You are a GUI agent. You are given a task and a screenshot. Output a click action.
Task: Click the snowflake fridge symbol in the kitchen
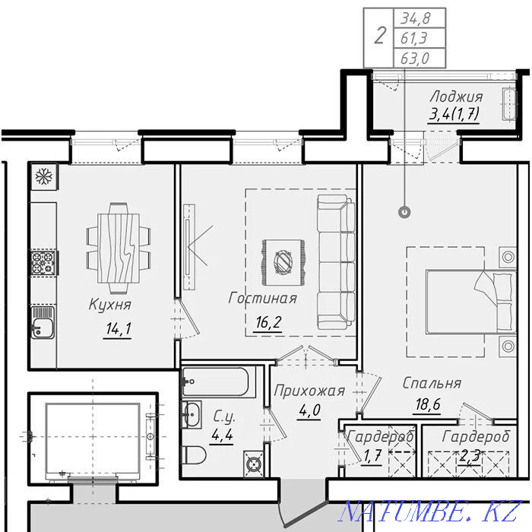[44, 176]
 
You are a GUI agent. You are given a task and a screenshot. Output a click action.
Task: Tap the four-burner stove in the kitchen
[43, 263]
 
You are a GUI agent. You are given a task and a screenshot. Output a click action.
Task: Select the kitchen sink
[43, 322]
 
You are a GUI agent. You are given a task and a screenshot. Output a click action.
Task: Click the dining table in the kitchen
[119, 249]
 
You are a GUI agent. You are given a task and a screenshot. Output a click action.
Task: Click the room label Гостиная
[263, 298]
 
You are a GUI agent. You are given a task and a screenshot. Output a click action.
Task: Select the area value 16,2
[268, 322]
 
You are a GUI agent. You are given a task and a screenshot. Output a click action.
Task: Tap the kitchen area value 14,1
[119, 328]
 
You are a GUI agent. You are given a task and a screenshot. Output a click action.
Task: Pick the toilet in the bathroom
[194, 454]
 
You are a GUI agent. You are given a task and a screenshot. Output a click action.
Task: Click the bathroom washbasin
[192, 414]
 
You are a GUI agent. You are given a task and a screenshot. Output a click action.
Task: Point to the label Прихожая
[309, 391]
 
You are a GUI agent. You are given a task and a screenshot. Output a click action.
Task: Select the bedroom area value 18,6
[428, 404]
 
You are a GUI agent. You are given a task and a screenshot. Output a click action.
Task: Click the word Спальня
[432, 383]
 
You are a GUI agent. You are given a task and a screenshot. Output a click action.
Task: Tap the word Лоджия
[456, 97]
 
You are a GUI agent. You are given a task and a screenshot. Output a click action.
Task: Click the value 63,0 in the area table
[415, 59]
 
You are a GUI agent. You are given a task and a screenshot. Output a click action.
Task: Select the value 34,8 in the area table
[415, 18]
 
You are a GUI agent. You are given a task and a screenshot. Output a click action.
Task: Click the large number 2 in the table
[380, 36]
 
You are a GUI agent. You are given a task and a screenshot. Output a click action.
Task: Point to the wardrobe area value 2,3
[470, 456]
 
